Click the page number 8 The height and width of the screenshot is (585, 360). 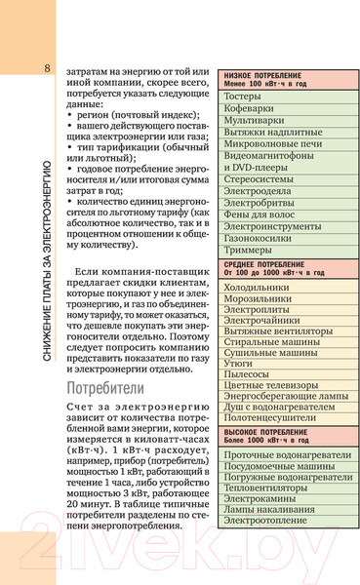[47, 66]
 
